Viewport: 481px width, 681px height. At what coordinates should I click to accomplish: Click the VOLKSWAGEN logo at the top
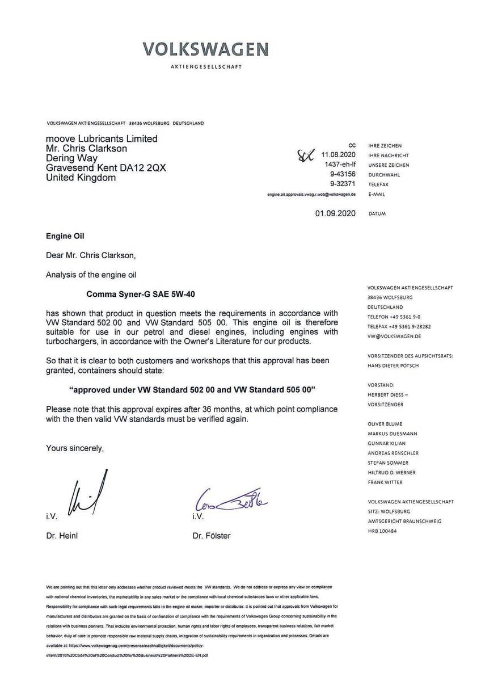point(206,49)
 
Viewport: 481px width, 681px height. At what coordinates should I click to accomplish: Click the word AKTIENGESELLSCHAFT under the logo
point(206,67)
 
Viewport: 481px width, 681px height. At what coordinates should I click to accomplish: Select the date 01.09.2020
point(335,214)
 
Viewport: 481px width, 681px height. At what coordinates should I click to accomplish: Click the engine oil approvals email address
point(311,194)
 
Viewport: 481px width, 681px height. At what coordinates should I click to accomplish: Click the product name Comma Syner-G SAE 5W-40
point(143,294)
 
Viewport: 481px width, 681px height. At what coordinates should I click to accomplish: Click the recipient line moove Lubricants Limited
point(102,139)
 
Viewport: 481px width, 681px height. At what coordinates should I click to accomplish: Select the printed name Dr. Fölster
point(212,536)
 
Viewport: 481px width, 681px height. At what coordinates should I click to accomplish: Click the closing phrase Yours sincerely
point(75,448)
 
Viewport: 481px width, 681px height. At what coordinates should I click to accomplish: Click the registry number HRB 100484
point(382,531)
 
